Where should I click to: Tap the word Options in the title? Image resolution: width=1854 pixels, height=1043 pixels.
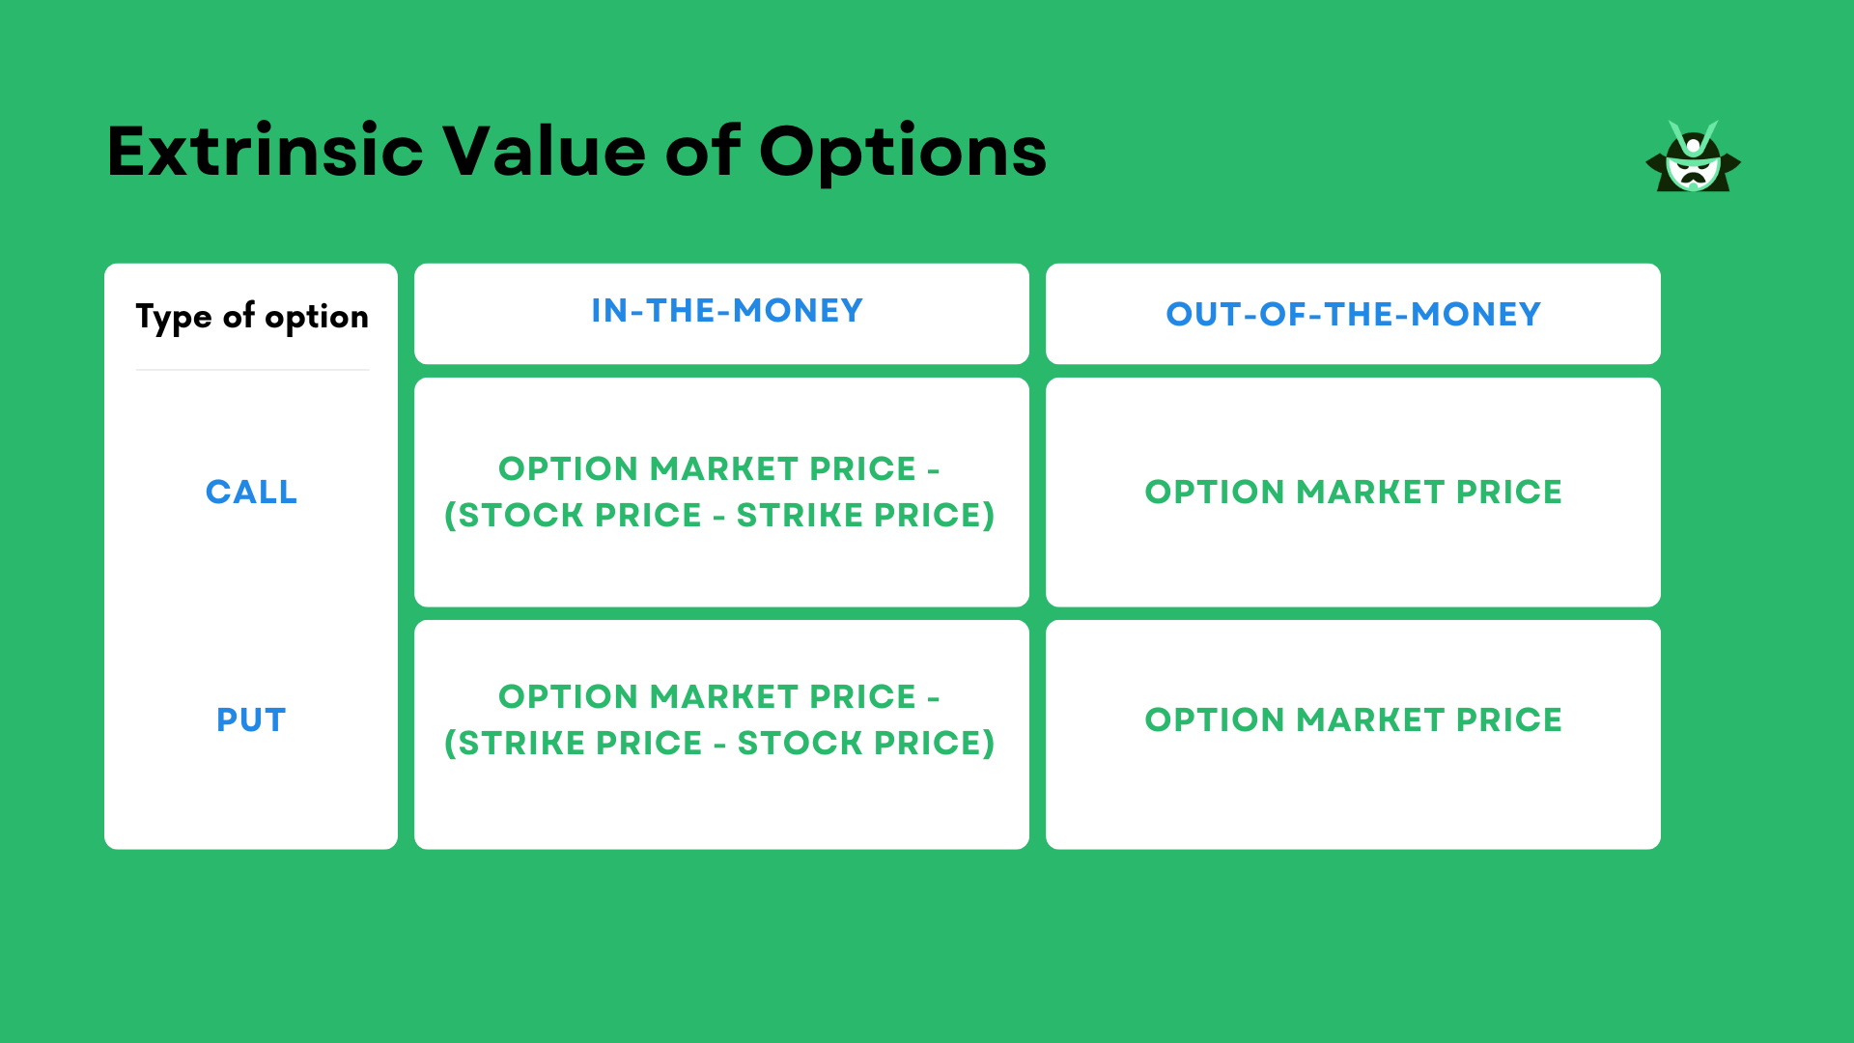[x=902, y=152]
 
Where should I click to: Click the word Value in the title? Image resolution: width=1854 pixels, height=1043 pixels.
[x=544, y=152]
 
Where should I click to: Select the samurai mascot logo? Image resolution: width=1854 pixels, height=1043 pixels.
[x=1693, y=157]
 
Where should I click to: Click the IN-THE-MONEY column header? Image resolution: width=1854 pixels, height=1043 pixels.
[x=726, y=311]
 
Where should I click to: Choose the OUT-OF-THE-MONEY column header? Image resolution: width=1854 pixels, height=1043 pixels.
[x=1353, y=314]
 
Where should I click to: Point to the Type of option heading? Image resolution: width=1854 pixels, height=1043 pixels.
[x=252, y=317]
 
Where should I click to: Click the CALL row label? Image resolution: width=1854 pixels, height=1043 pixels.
[x=251, y=492]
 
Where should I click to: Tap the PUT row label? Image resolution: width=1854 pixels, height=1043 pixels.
[x=251, y=719]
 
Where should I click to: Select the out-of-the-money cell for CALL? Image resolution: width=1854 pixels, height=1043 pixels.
[x=1353, y=492]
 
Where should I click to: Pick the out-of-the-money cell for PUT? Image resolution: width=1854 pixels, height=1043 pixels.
[x=1353, y=719]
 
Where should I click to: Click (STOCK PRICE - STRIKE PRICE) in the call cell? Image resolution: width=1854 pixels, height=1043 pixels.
[x=719, y=516]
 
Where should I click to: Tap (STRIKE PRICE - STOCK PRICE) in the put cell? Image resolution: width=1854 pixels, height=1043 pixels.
[x=719, y=744]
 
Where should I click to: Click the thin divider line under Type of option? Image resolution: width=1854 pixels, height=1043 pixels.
[x=252, y=370]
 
